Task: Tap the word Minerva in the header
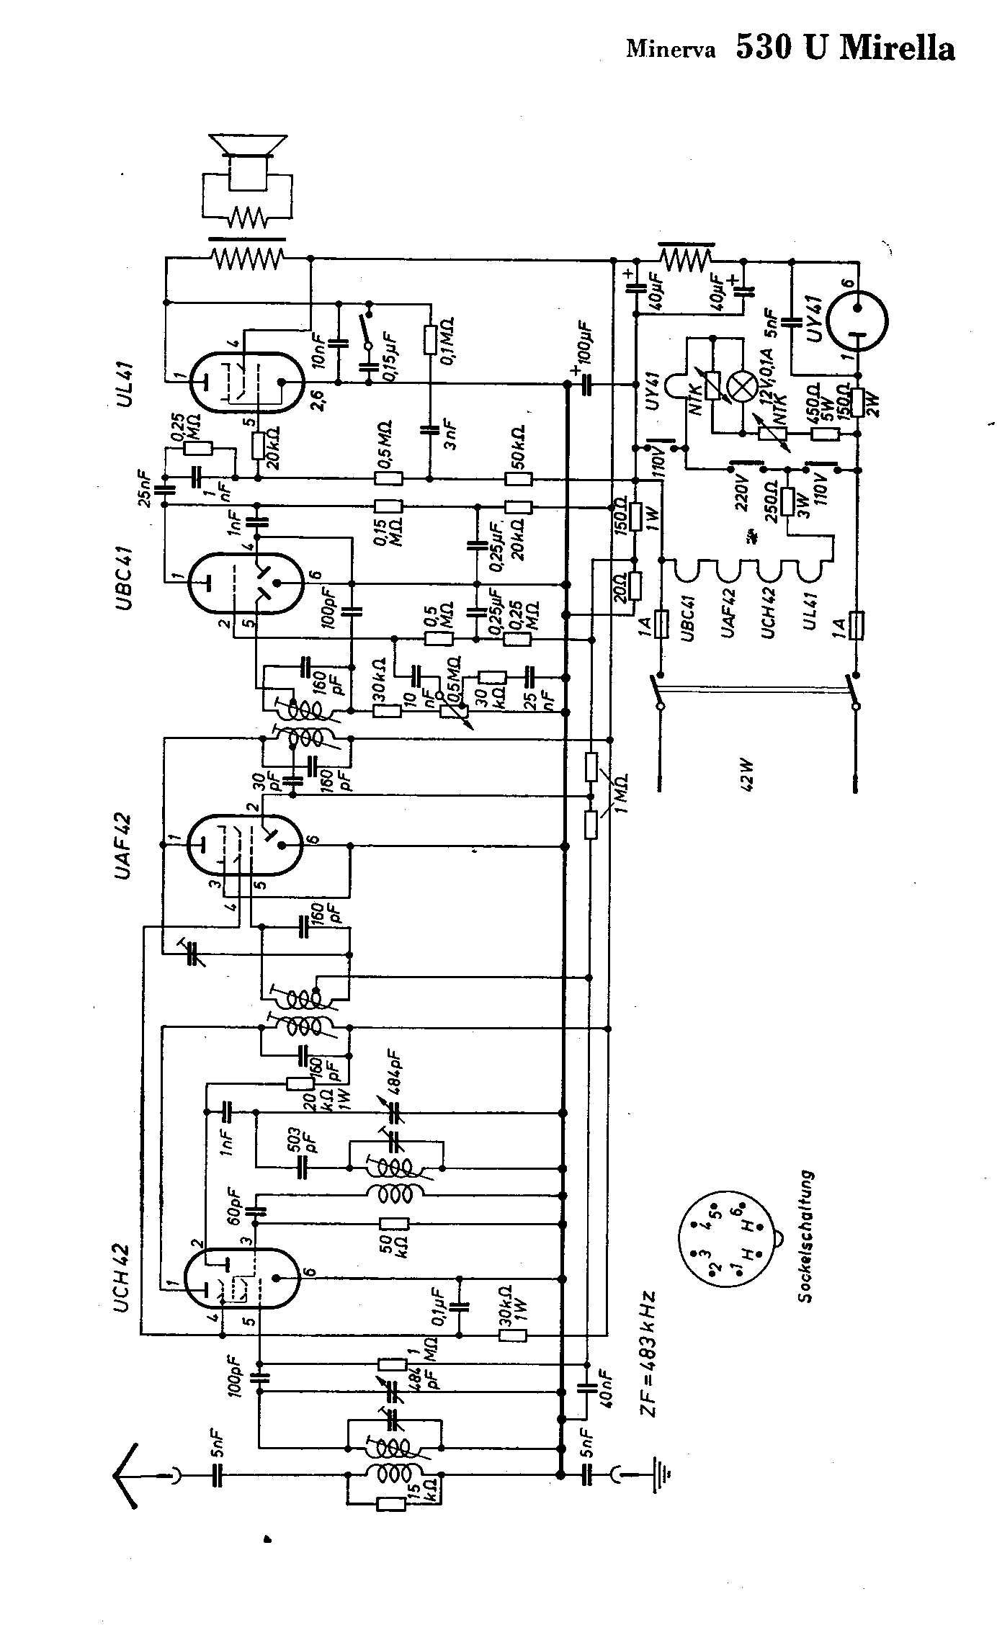671,50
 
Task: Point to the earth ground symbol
661,1477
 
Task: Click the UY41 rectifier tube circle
857,320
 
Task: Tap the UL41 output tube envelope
246,381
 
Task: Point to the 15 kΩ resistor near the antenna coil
390,1503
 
